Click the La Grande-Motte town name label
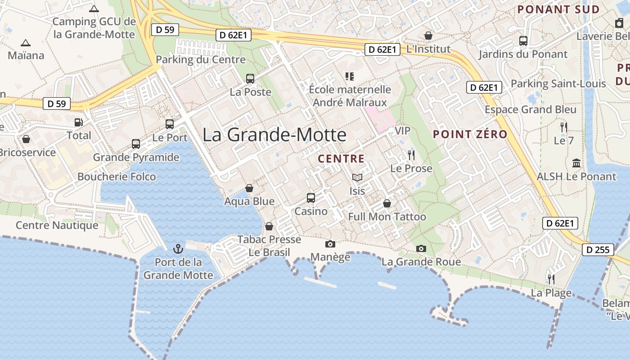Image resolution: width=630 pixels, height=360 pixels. (274, 135)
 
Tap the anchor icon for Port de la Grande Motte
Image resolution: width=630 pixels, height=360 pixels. (178, 248)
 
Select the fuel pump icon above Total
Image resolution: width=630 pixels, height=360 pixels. (79, 122)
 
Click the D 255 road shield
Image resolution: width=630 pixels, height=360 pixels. (598, 250)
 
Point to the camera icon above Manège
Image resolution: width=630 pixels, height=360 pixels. (330, 244)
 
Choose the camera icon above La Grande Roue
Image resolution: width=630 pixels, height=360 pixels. (421, 248)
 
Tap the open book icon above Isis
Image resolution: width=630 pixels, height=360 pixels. (357, 178)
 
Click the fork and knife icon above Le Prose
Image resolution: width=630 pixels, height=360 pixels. (411, 155)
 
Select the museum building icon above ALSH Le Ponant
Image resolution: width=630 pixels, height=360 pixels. (576, 163)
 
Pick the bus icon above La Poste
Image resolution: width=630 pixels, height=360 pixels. (250, 79)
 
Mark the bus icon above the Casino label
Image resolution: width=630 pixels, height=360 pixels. (311, 198)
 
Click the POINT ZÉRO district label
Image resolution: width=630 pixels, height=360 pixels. (470, 134)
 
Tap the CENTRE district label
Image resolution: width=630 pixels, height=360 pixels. (341, 158)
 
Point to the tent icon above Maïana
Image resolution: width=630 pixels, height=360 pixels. (26, 43)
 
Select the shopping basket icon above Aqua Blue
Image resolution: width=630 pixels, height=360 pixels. (249, 188)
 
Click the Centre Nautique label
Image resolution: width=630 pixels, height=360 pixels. (57, 225)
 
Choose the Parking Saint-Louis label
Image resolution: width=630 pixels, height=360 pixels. (558, 84)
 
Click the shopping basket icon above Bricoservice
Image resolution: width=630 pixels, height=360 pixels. (26, 139)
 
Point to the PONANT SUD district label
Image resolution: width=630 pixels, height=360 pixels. (558, 9)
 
